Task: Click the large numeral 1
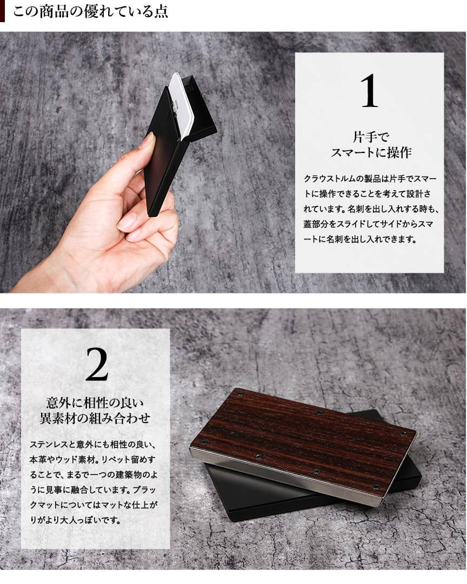[x=369, y=91]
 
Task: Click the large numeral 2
[x=97, y=364]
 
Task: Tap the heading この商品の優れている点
[x=91, y=11]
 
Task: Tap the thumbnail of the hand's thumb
[x=148, y=141]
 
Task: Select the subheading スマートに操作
[x=371, y=152]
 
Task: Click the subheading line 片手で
[x=370, y=137]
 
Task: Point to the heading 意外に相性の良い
[x=96, y=402]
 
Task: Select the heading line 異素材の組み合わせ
[x=96, y=418]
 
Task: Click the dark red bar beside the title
[x=2, y=11]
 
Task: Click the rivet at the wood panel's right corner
[x=405, y=434]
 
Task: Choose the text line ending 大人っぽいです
[x=75, y=520]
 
